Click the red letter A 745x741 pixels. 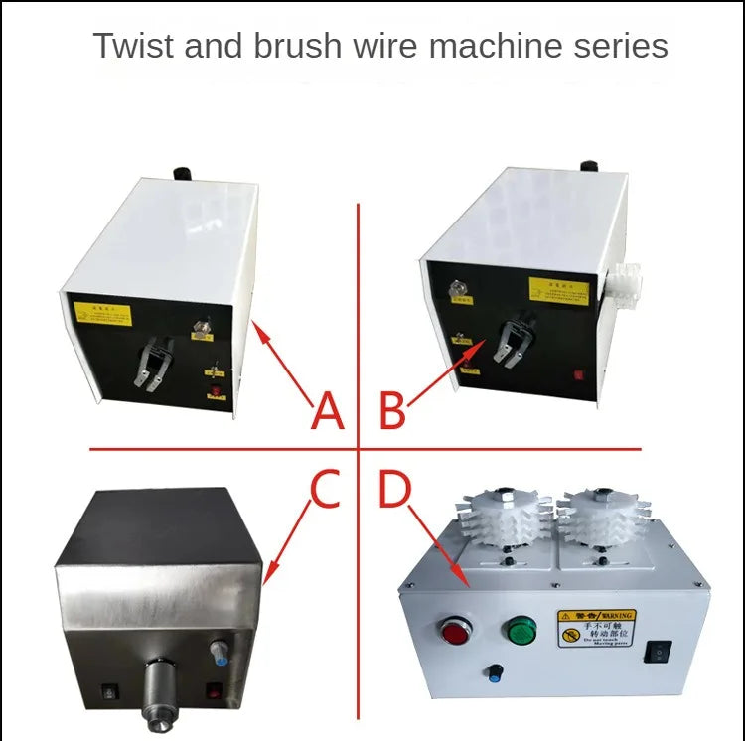327,411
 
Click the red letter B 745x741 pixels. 392,411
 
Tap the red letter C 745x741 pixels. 326,489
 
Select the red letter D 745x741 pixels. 394,489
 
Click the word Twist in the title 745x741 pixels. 130,46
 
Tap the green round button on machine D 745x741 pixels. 519,632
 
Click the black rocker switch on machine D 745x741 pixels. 657,651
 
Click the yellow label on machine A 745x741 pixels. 102,315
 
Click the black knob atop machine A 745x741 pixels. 182,174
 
